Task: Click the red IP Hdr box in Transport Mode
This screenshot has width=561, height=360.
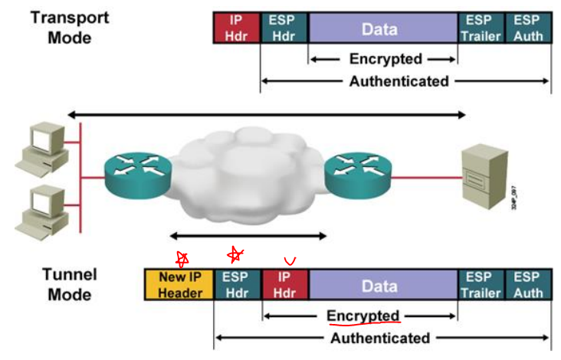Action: [x=237, y=28]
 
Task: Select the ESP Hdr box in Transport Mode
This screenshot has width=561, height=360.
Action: [x=284, y=28]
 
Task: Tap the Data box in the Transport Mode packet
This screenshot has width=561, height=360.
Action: [x=382, y=28]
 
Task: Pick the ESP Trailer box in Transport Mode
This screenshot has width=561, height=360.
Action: [x=481, y=28]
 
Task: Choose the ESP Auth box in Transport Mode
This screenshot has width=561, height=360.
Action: [x=528, y=28]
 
